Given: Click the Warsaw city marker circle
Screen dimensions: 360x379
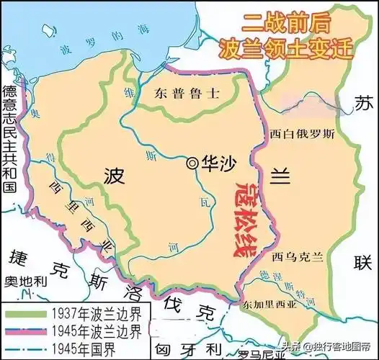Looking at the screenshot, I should point(191,163).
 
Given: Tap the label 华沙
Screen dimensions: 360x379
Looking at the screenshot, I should point(214,163).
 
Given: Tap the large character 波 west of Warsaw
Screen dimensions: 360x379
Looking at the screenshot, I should point(116,176).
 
